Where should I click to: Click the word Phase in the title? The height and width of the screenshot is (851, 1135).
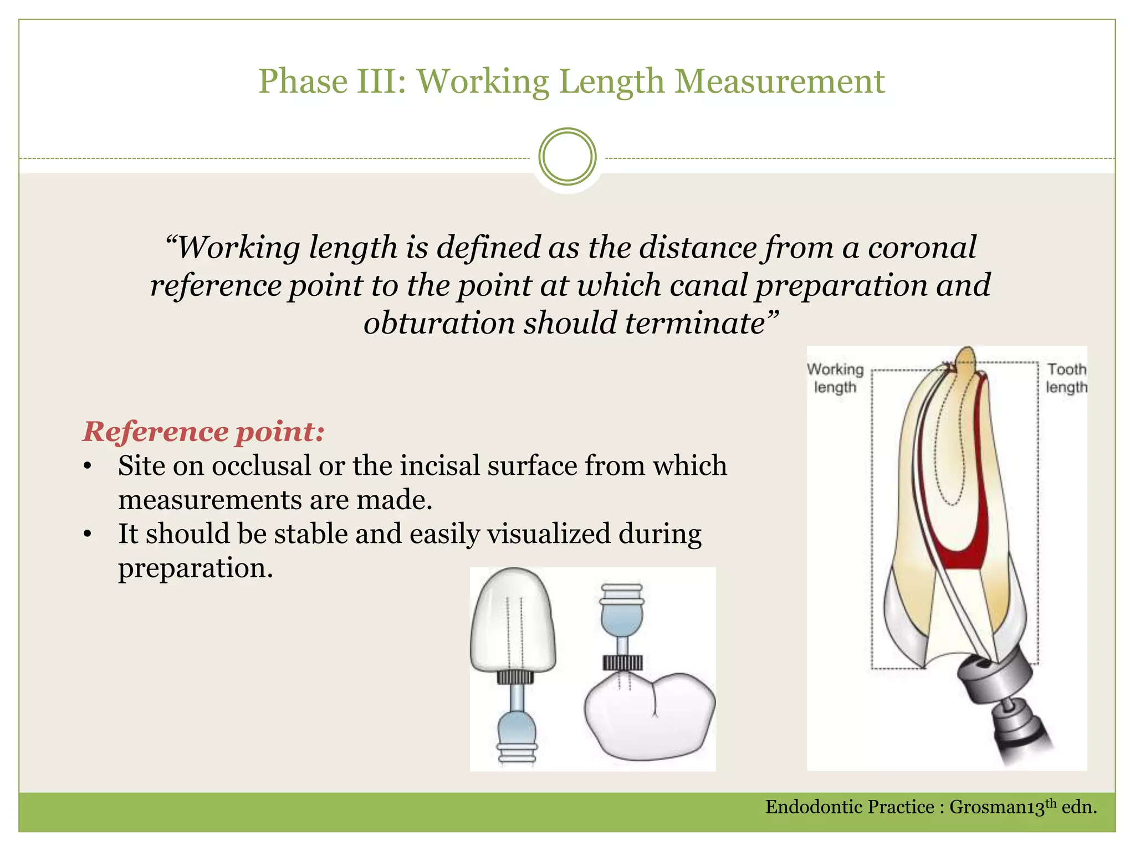303,82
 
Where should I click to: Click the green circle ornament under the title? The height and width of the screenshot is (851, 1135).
567,157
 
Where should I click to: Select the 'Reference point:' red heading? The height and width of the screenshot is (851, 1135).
203,432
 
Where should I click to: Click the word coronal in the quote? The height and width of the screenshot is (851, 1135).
922,247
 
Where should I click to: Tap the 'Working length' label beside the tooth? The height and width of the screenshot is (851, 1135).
835,378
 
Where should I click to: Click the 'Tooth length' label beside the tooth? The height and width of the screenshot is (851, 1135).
1066,378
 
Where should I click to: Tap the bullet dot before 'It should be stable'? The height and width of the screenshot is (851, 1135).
87,535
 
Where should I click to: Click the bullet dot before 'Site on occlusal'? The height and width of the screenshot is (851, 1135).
87,466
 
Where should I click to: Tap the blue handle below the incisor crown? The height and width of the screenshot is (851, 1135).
517,726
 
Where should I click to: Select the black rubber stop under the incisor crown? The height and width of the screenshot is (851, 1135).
515,676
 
